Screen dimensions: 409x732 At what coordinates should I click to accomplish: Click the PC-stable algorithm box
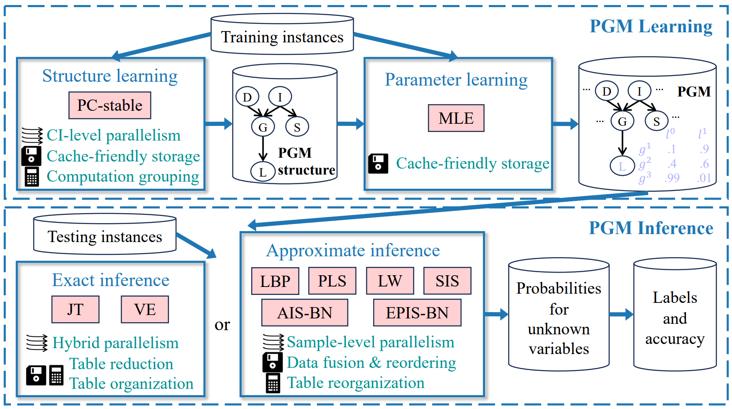click(110, 105)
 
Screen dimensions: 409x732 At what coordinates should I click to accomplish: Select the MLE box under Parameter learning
click(456, 118)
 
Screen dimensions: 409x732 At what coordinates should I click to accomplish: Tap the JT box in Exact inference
click(75, 310)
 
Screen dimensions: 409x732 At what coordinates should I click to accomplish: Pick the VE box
click(145, 310)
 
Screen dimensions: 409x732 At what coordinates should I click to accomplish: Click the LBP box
click(275, 281)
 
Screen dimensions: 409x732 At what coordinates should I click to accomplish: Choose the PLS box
click(332, 281)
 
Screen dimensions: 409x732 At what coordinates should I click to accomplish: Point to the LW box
click(390, 281)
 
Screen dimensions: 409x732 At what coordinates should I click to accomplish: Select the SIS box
click(447, 281)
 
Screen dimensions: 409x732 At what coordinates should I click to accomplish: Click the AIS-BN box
click(305, 313)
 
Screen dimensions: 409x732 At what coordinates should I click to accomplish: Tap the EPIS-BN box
click(417, 313)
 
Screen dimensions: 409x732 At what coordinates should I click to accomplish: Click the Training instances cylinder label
click(282, 37)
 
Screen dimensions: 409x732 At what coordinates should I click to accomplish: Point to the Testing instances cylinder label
click(105, 237)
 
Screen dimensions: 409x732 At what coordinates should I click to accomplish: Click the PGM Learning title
click(651, 26)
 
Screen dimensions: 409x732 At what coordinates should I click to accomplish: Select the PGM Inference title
click(651, 228)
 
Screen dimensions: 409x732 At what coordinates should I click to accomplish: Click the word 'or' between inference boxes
click(222, 325)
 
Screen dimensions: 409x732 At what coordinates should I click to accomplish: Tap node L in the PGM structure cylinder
click(262, 172)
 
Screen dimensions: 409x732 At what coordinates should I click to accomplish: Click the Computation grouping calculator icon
click(32, 177)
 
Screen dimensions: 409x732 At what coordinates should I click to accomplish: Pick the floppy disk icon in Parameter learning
click(378, 164)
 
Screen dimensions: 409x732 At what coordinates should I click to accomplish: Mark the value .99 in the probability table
click(672, 178)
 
